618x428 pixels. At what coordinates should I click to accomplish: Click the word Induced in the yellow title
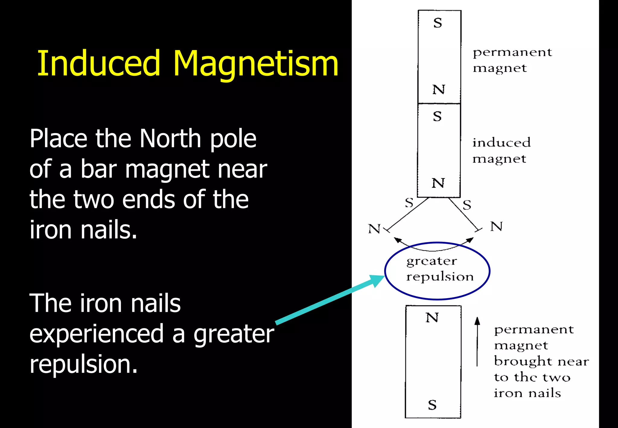98,63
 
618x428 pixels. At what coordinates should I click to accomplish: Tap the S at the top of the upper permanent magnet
438,23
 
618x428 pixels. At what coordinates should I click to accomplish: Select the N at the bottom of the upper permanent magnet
438,90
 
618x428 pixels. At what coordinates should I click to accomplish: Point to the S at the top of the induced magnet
437,117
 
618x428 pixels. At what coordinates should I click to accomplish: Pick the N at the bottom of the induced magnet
438,183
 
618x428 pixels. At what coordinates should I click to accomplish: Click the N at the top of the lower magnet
432,318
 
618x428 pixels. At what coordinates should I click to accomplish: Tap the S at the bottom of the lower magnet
432,405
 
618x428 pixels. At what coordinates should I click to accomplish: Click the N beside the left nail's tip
374,229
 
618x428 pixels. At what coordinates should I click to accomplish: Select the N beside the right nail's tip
496,226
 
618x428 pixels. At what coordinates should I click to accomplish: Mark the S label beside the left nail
409,203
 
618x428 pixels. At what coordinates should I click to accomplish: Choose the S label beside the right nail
467,205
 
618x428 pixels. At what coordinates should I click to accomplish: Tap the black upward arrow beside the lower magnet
477,341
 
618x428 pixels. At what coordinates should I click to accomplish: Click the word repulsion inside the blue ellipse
440,277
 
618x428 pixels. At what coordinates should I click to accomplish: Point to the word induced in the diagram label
501,142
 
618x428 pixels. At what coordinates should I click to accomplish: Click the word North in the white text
170,139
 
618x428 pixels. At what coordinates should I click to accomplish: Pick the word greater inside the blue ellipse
432,261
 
